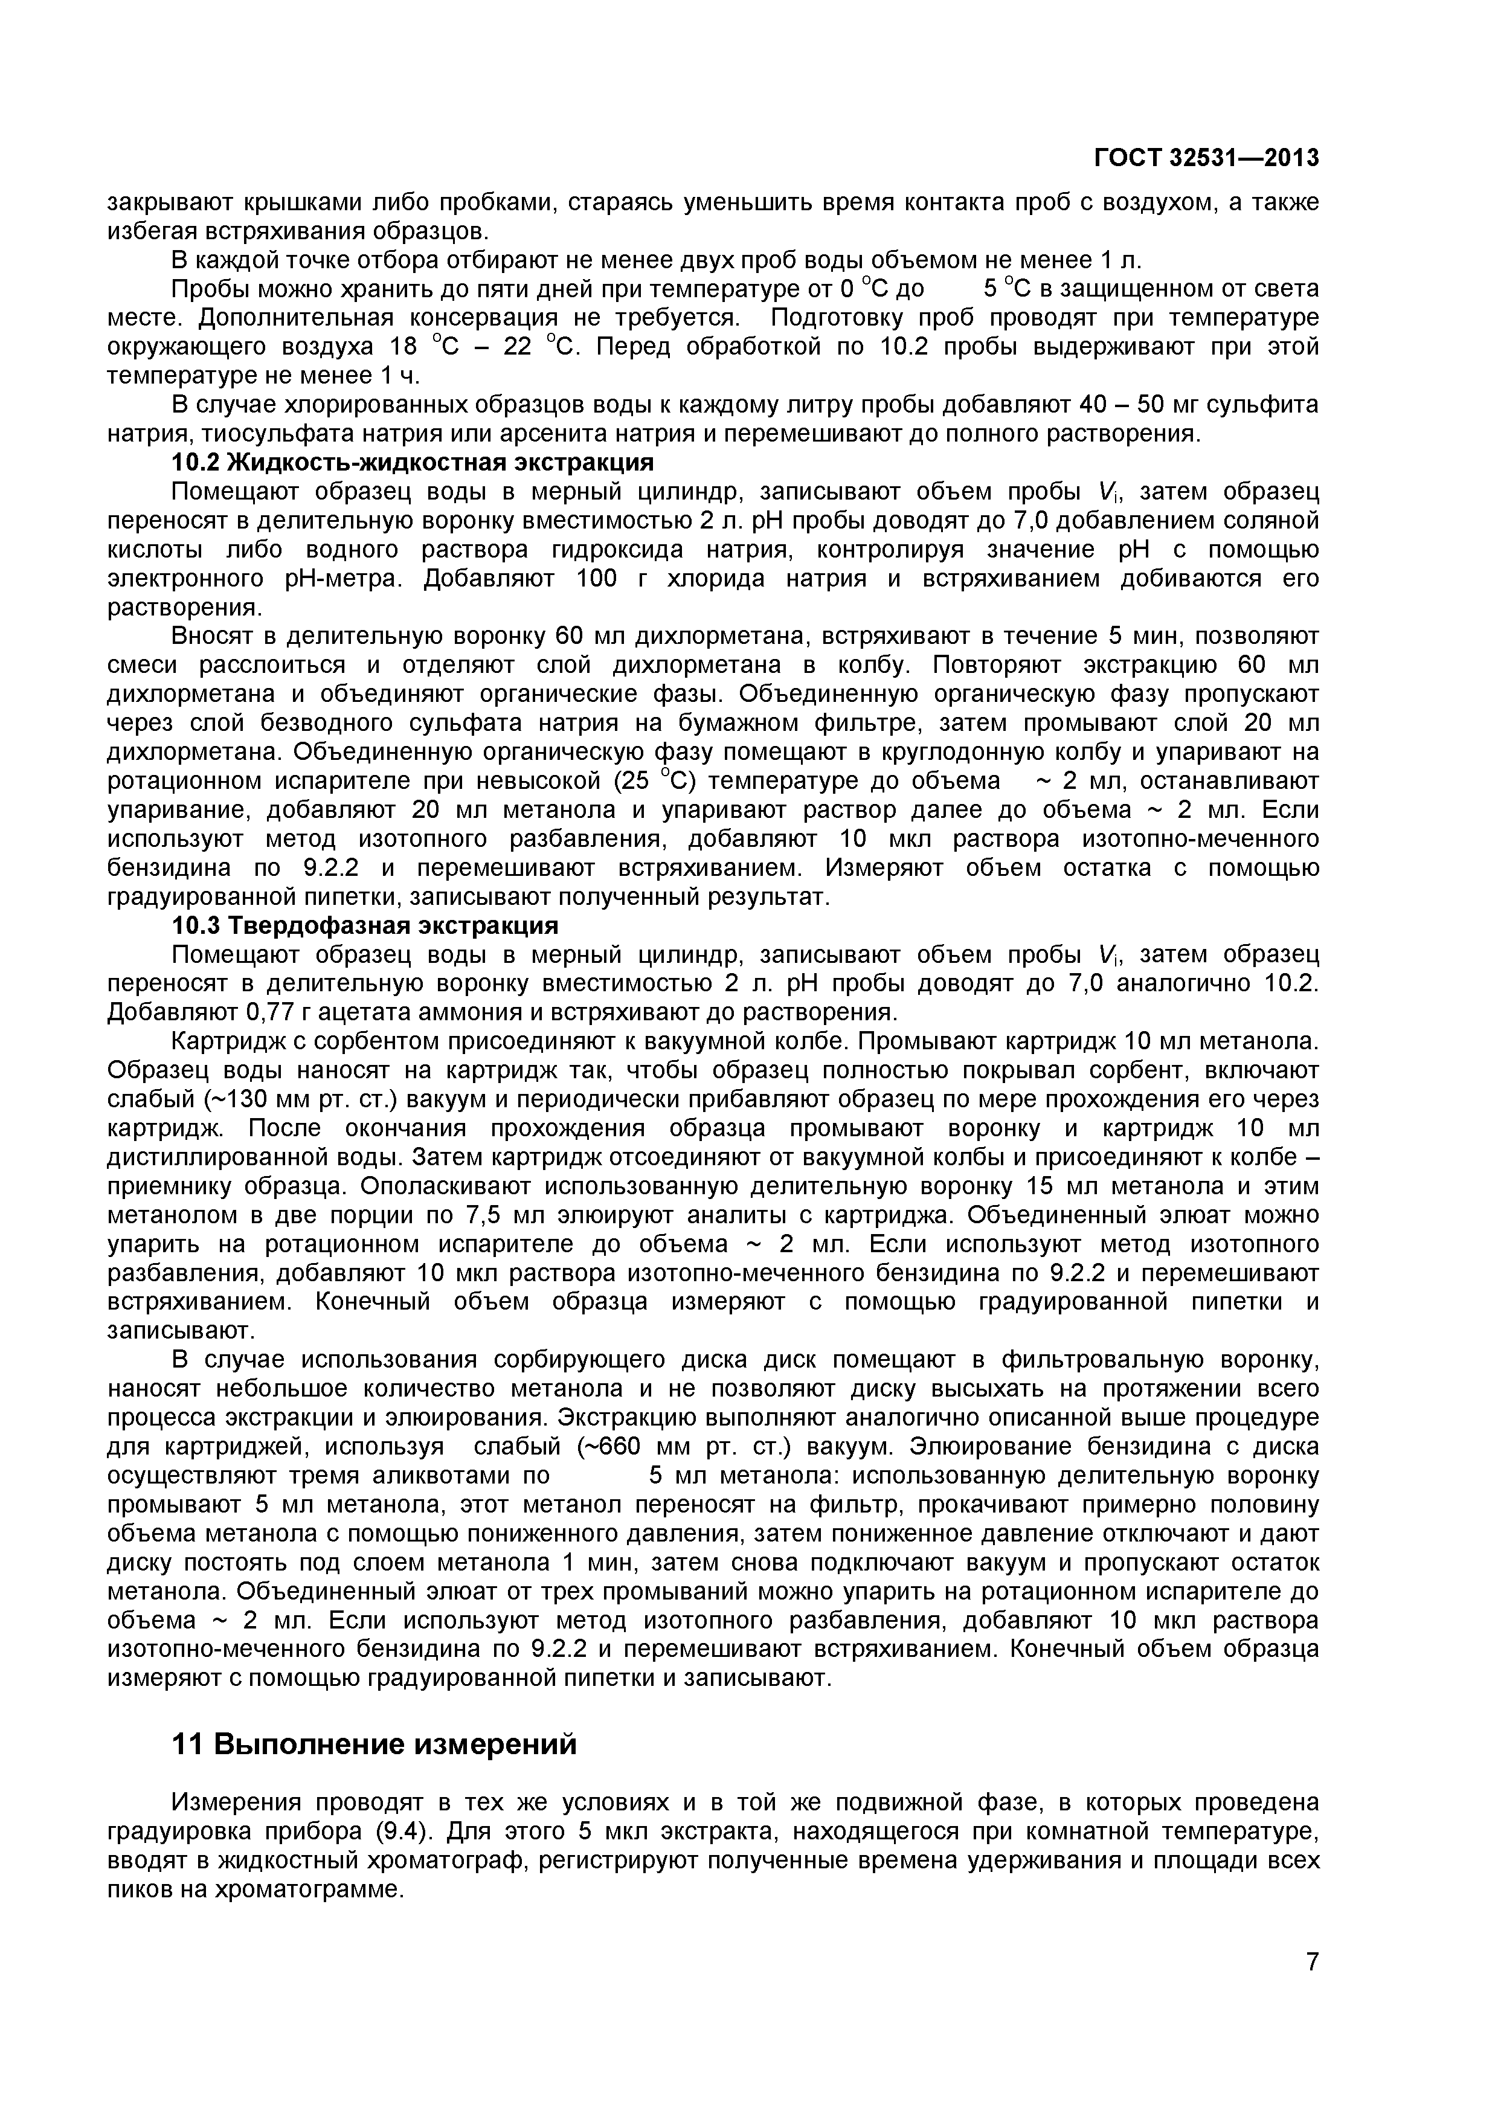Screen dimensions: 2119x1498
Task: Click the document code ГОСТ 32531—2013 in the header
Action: pyautogui.click(x=1206, y=159)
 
